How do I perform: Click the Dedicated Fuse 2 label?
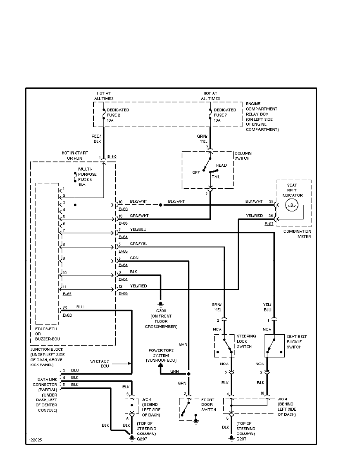[x=118, y=115]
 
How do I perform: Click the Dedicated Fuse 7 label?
[x=225, y=115]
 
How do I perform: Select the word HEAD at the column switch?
[x=221, y=166]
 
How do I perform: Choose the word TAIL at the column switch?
[x=216, y=177]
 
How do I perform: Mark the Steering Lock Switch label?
[x=246, y=342]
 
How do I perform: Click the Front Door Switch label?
[x=208, y=404]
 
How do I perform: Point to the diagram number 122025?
[x=35, y=440]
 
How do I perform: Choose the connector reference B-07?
[x=269, y=224]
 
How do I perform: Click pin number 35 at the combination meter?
[x=271, y=202]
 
